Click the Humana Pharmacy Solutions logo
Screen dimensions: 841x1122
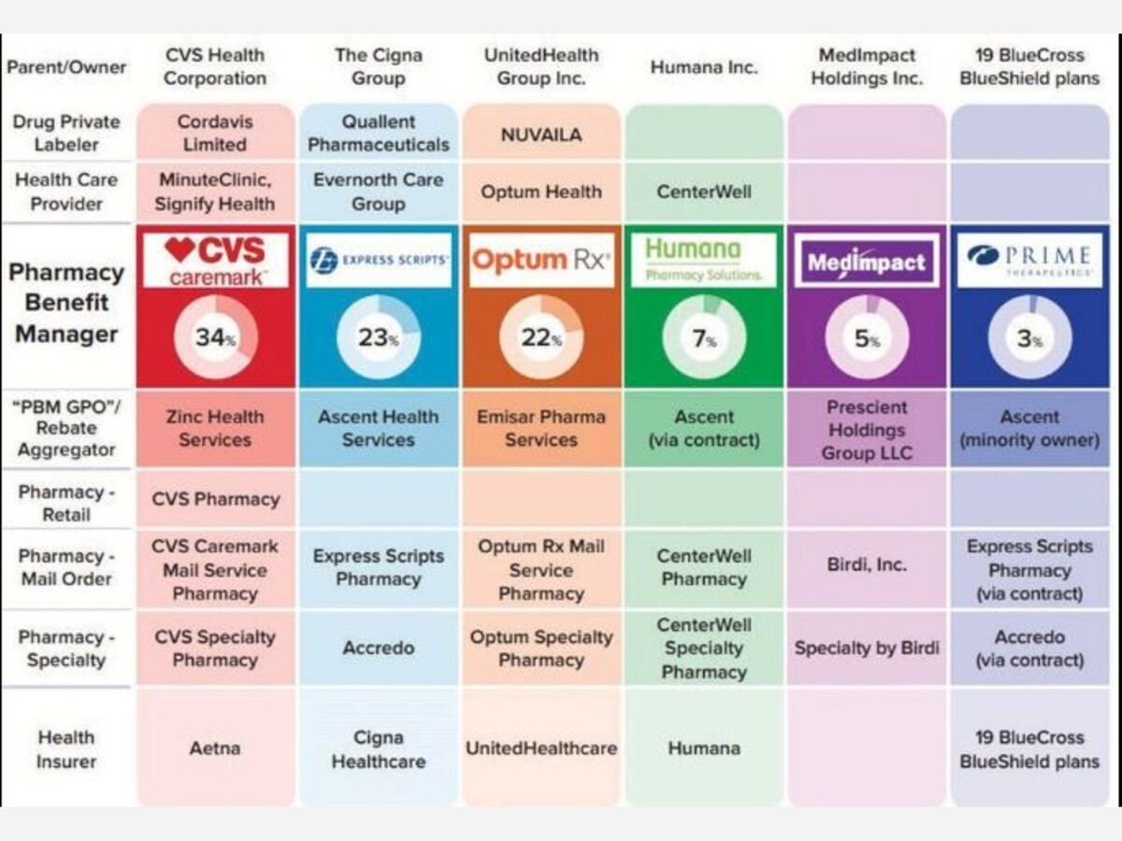pyautogui.click(x=704, y=260)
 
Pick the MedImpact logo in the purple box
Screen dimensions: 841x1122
pyautogui.click(x=867, y=262)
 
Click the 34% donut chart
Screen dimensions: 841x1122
pyautogui.click(x=215, y=337)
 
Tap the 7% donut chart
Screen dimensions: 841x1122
pyautogui.click(x=704, y=337)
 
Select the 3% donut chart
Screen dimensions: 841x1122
pyautogui.click(x=1029, y=337)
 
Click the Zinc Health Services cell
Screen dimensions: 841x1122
pyautogui.click(x=215, y=428)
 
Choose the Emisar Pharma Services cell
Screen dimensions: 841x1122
pyautogui.click(x=541, y=428)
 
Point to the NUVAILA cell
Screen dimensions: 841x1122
pyautogui.click(x=541, y=134)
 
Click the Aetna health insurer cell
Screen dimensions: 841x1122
pyautogui.click(x=215, y=748)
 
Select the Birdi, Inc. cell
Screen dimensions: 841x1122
pyautogui.click(x=867, y=564)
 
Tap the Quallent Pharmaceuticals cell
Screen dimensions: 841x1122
pyautogui.click(x=379, y=133)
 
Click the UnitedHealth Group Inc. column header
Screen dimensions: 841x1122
pyautogui.click(x=541, y=66)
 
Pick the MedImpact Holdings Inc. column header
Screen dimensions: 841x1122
pyautogui.click(x=867, y=66)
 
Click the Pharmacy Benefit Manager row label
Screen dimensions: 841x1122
pyautogui.click(x=66, y=304)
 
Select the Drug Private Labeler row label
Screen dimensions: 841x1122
pyautogui.click(x=66, y=133)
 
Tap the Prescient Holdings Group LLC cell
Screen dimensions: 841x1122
pyautogui.click(x=867, y=430)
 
